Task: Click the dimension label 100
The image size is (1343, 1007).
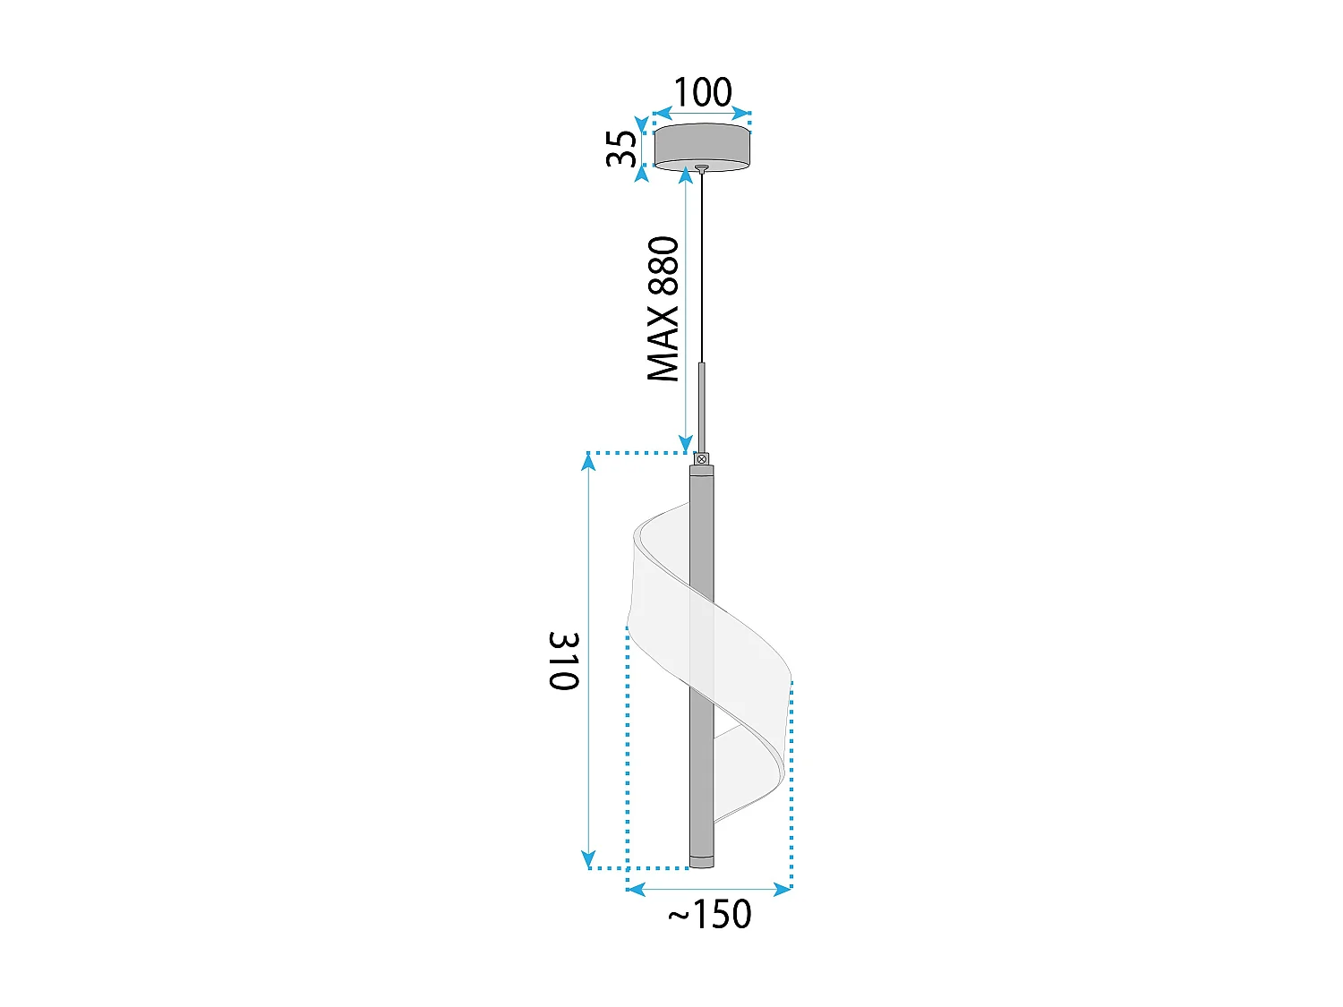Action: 702,91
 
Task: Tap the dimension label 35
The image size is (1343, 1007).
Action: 621,148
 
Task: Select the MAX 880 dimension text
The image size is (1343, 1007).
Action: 663,309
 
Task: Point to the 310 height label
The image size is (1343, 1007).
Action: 564,661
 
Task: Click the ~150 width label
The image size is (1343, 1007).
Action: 710,915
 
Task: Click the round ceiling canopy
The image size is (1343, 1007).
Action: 702,146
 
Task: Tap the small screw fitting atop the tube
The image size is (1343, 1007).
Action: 702,459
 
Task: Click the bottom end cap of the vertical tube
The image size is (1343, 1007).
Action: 702,862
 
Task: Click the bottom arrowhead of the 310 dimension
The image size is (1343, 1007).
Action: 588,860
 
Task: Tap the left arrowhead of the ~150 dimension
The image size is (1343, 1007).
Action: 635,889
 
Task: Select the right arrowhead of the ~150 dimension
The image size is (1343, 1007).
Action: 783,889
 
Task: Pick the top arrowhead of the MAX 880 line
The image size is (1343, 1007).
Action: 686,175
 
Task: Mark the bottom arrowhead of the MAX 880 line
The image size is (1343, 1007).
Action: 686,444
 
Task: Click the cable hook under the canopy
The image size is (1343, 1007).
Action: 702,168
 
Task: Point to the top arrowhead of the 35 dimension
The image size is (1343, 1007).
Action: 641,124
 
